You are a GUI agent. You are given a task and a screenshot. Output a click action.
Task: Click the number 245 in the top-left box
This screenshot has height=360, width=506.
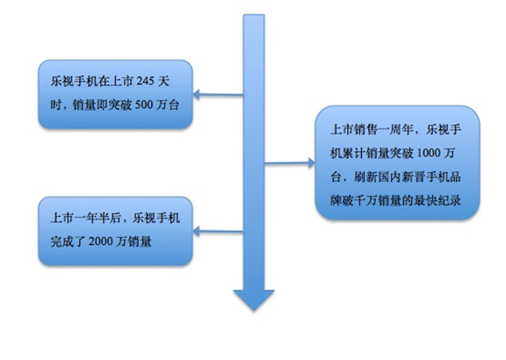tap(145, 82)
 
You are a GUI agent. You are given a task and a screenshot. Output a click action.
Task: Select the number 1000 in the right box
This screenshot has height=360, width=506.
tap(429, 153)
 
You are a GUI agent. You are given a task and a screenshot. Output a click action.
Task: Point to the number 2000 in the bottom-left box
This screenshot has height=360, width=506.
tap(100, 241)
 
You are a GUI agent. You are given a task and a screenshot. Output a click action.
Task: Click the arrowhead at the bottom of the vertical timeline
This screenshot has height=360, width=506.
tap(254, 299)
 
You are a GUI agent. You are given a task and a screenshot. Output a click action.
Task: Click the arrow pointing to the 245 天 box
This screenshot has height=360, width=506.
tap(218, 95)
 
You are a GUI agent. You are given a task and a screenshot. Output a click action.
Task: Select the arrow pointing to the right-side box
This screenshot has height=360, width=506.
tap(290, 163)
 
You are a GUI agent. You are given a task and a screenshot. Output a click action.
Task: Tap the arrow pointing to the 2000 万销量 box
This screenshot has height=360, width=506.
tap(218, 231)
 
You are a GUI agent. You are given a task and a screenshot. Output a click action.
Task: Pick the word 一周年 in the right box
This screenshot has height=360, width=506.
tap(395, 130)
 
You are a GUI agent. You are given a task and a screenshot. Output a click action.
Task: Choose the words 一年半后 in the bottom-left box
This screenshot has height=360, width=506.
tap(98, 218)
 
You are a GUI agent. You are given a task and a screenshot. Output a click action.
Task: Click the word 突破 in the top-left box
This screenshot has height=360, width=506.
tap(119, 104)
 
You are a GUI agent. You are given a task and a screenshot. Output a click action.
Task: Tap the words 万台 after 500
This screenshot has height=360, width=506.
tap(167, 104)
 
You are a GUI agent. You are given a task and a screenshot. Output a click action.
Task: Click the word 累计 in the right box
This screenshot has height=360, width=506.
tap(354, 153)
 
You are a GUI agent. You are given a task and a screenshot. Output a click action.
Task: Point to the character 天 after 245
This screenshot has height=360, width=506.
tap(163, 82)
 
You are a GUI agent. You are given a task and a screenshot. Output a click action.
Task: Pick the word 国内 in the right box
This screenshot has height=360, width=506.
tap(389, 176)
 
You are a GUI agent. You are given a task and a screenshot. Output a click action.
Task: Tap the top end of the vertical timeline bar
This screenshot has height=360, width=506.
tap(254, 15)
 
